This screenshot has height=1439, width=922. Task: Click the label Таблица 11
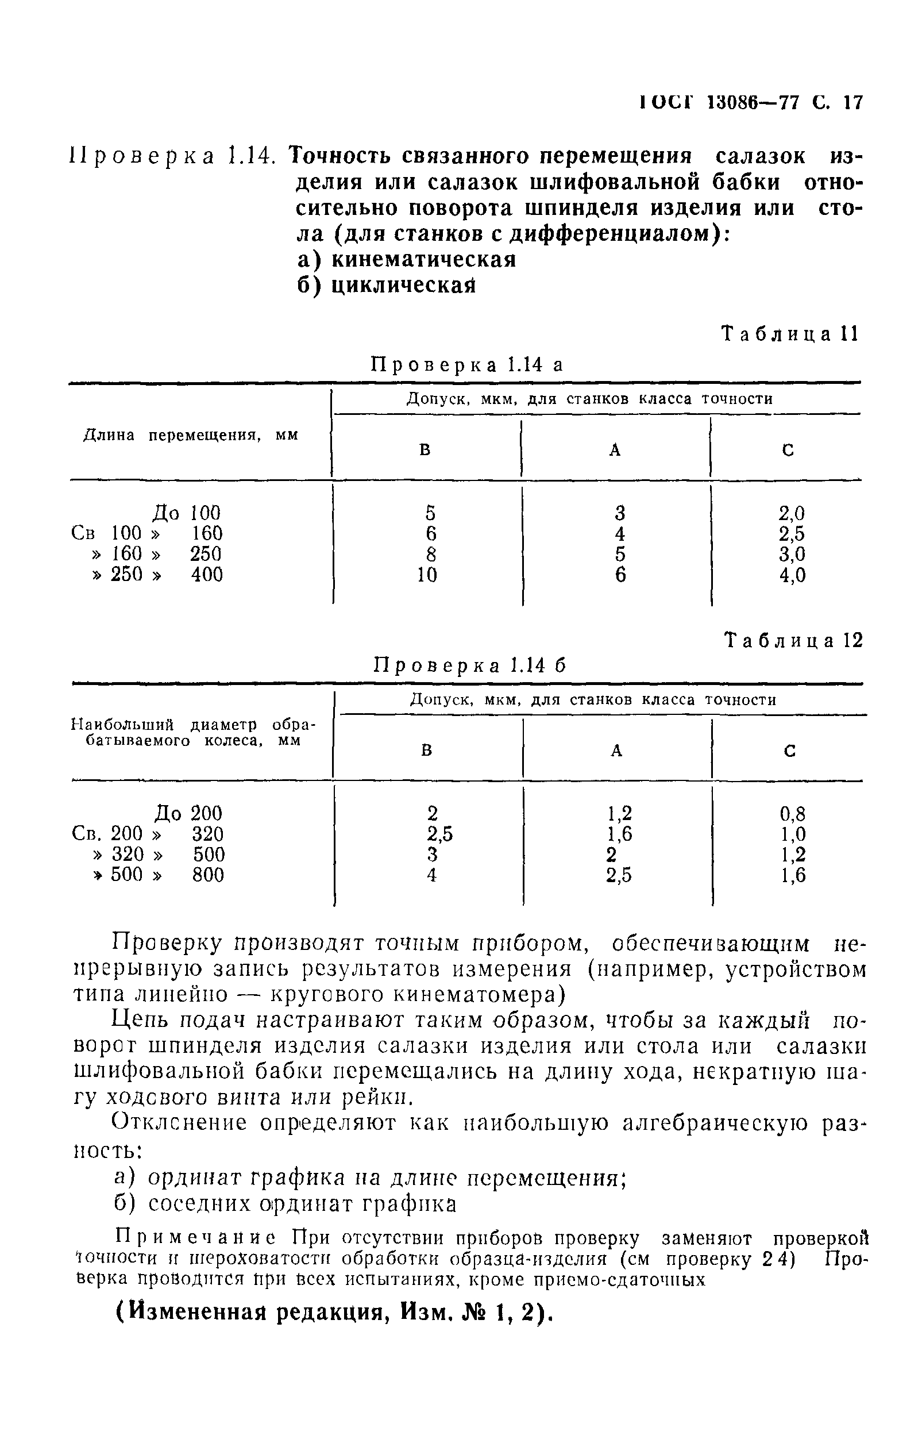(790, 333)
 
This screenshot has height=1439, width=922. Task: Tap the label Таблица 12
(794, 640)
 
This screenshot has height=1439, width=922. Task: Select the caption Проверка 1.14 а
(468, 364)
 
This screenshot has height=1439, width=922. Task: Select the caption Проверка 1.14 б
(470, 665)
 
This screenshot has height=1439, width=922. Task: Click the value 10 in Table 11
(427, 575)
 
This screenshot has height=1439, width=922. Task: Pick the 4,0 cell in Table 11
(792, 575)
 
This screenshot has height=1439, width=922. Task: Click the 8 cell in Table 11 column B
(430, 554)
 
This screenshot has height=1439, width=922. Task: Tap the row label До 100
(186, 513)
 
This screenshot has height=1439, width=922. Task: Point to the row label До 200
(188, 813)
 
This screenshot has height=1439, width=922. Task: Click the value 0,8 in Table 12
(793, 814)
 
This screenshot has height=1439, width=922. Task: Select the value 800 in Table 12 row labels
(208, 875)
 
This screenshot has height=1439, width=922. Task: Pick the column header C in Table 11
(788, 451)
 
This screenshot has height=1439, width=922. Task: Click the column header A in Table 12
(616, 751)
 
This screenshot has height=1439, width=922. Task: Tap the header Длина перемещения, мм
(190, 435)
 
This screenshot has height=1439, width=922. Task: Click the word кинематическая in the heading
(423, 259)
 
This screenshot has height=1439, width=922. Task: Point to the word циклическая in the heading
(403, 286)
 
